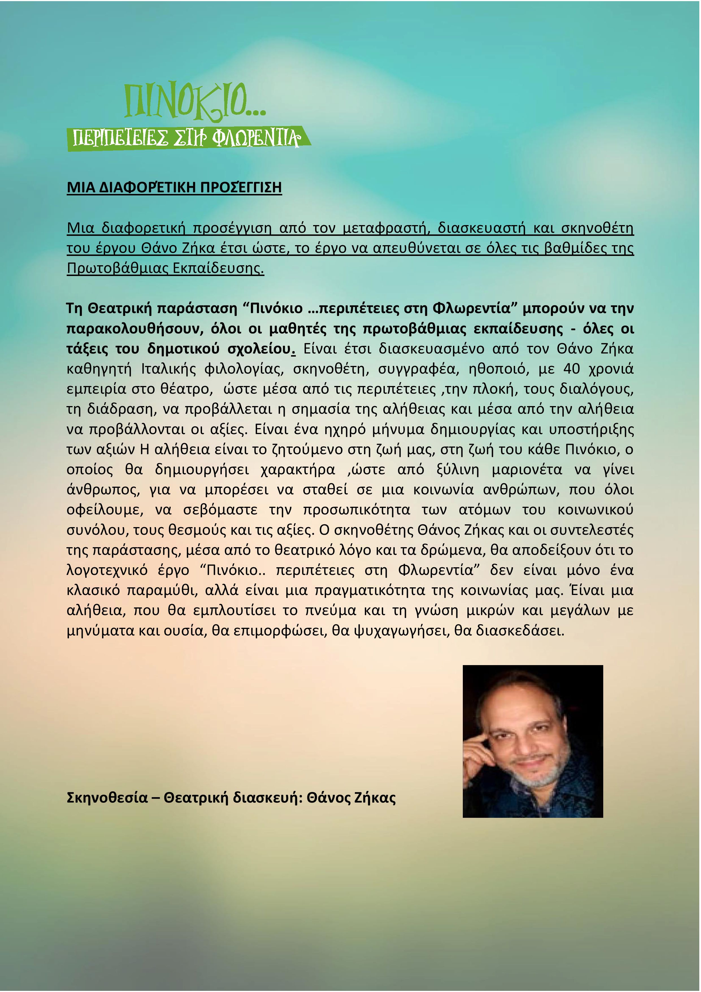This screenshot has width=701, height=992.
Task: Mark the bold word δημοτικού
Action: pyautogui.click(x=183, y=349)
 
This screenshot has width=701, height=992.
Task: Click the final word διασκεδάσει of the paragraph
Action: pyautogui.click(x=520, y=631)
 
